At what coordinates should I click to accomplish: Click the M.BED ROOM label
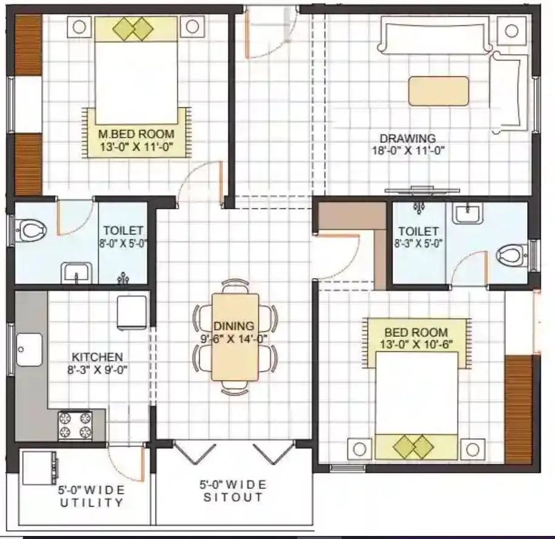(136, 134)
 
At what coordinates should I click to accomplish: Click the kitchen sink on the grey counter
(29, 350)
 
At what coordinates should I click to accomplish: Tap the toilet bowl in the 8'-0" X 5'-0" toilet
(32, 230)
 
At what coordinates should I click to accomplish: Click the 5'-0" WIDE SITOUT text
(234, 491)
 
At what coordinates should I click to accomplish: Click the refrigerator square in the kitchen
(132, 312)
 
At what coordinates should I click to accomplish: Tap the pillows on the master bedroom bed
(134, 29)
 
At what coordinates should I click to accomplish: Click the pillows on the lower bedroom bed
(412, 448)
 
